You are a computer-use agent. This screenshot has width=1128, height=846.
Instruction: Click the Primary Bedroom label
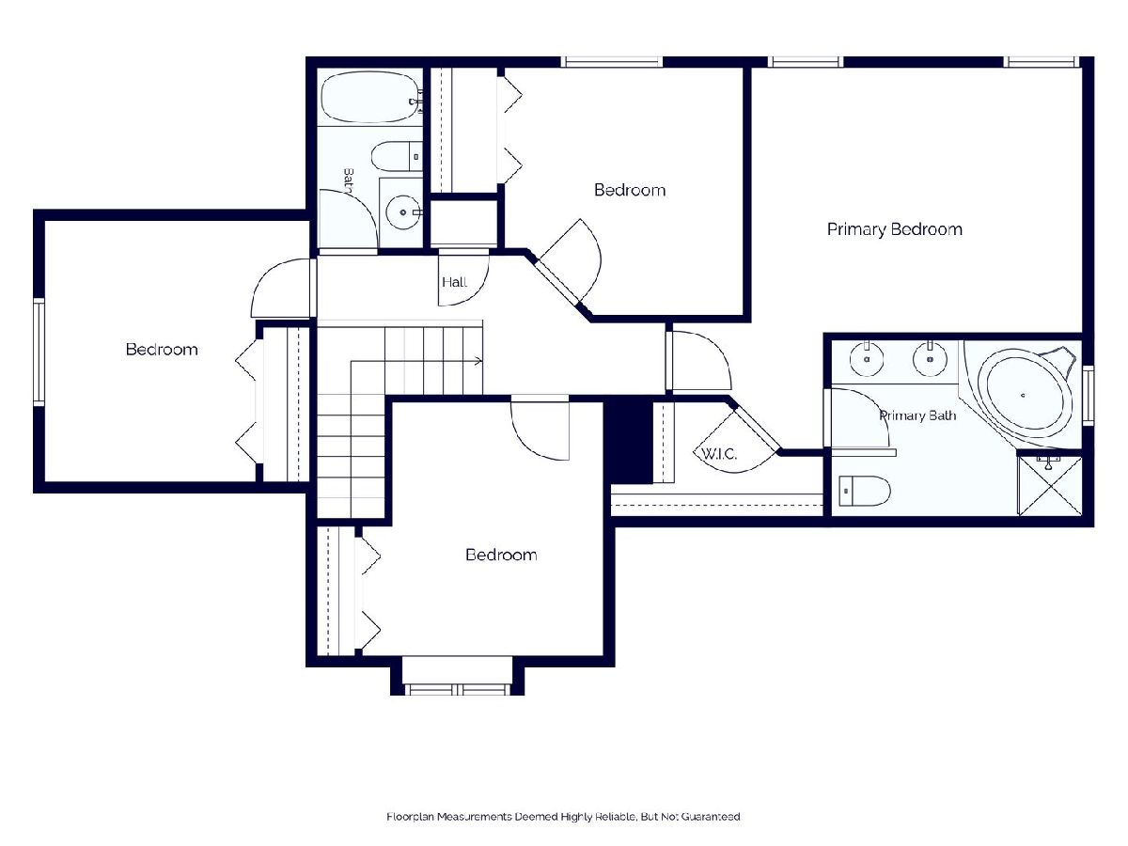point(894,229)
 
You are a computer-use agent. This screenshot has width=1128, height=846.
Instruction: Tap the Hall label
point(454,281)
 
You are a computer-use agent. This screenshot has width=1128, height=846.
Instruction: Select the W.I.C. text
point(719,454)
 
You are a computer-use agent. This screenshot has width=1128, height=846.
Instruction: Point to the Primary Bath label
point(917,415)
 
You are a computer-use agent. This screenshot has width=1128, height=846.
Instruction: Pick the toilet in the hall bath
point(397,156)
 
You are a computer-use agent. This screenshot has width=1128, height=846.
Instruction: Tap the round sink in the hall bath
point(403,211)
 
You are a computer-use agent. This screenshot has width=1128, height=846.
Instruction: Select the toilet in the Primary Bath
point(865,491)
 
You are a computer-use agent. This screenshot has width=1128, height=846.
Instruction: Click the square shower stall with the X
point(1050,485)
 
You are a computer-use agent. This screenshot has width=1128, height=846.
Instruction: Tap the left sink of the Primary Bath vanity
point(867,358)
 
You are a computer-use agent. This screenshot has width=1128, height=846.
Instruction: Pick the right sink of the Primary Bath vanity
point(930,358)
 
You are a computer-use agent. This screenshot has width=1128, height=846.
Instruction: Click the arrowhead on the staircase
point(478,361)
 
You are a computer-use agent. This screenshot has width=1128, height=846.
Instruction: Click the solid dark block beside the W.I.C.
point(628,440)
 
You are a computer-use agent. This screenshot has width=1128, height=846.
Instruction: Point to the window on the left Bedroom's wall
point(39,352)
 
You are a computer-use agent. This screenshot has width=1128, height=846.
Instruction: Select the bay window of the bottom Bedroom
point(457,689)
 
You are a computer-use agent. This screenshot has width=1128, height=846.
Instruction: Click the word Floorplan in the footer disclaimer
point(410,816)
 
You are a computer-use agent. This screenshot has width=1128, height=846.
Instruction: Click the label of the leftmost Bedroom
point(162,350)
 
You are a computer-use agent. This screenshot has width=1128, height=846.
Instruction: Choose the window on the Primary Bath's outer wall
point(1088,396)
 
